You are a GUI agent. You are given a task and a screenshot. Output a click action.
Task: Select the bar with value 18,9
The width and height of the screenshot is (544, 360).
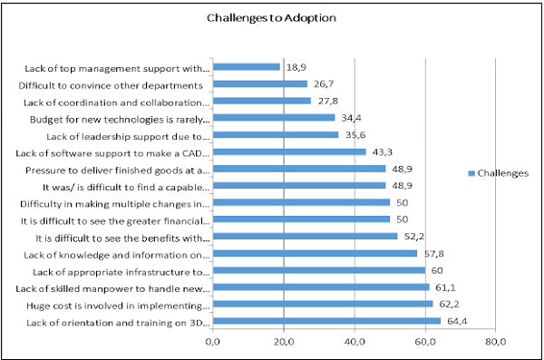[x=247, y=66]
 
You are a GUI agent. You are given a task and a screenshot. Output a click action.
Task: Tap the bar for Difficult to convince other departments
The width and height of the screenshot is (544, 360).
[x=260, y=83]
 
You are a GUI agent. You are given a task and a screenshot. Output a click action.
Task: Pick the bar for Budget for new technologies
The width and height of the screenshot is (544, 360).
[x=274, y=118]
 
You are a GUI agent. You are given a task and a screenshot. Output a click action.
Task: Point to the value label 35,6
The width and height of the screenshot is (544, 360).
[x=353, y=134]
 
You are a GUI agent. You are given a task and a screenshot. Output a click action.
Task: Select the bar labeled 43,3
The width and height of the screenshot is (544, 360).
[x=289, y=151]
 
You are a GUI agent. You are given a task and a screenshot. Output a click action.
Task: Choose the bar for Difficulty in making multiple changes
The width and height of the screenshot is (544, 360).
[x=301, y=202]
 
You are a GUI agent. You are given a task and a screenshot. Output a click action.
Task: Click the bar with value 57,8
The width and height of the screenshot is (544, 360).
[x=315, y=254]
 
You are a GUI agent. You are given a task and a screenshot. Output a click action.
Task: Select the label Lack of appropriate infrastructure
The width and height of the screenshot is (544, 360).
[x=121, y=271]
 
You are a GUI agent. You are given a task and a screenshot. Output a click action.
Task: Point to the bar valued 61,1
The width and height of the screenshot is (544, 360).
[x=321, y=287]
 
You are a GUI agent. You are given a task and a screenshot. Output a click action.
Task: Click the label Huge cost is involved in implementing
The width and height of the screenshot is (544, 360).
[x=119, y=305]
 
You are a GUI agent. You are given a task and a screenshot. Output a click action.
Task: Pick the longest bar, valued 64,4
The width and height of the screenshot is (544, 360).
[x=326, y=321]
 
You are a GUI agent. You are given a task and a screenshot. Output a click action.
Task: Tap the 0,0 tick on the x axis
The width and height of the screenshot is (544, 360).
[x=213, y=342]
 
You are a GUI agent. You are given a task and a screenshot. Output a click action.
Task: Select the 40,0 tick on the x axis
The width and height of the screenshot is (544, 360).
[x=355, y=342]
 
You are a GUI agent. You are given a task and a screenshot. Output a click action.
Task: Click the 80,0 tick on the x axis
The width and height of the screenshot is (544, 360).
[x=495, y=342]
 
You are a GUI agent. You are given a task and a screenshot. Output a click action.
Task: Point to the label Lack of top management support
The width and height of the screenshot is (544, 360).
[x=118, y=67]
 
